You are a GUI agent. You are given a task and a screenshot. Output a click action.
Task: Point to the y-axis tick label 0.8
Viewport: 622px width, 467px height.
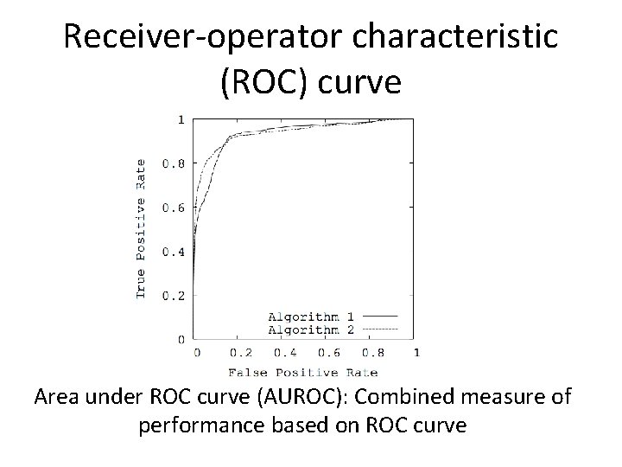click(x=175, y=163)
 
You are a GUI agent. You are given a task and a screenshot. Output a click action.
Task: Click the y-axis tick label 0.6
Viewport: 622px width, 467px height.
click(x=175, y=208)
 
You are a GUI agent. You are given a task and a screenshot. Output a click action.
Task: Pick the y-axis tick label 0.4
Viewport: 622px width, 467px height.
click(x=175, y=253)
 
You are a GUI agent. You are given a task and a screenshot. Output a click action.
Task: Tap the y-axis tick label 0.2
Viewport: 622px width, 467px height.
click(x=175, y=296)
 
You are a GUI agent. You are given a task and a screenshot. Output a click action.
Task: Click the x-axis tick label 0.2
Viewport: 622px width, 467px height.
click(x=241, y=353)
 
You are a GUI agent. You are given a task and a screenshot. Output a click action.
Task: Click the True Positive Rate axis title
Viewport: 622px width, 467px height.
click(x=142, y=228)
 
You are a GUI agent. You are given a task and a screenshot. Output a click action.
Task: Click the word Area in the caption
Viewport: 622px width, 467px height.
click(x=57, y=399)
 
